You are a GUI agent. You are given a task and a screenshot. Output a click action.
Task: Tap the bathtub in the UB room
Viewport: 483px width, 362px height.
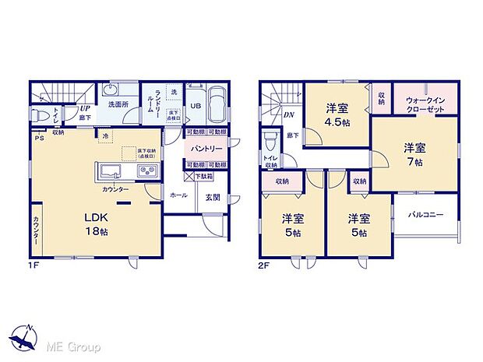tap(216, 102)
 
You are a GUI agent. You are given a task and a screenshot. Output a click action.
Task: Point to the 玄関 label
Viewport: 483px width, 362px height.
tap(213, 197)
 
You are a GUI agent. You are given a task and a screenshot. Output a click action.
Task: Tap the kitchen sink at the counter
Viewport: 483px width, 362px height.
tap(108, 170)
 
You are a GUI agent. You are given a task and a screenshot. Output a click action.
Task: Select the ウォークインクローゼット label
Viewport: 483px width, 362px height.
tap(425, 105)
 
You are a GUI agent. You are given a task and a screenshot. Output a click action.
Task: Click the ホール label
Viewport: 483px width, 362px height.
tap(178, 195)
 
